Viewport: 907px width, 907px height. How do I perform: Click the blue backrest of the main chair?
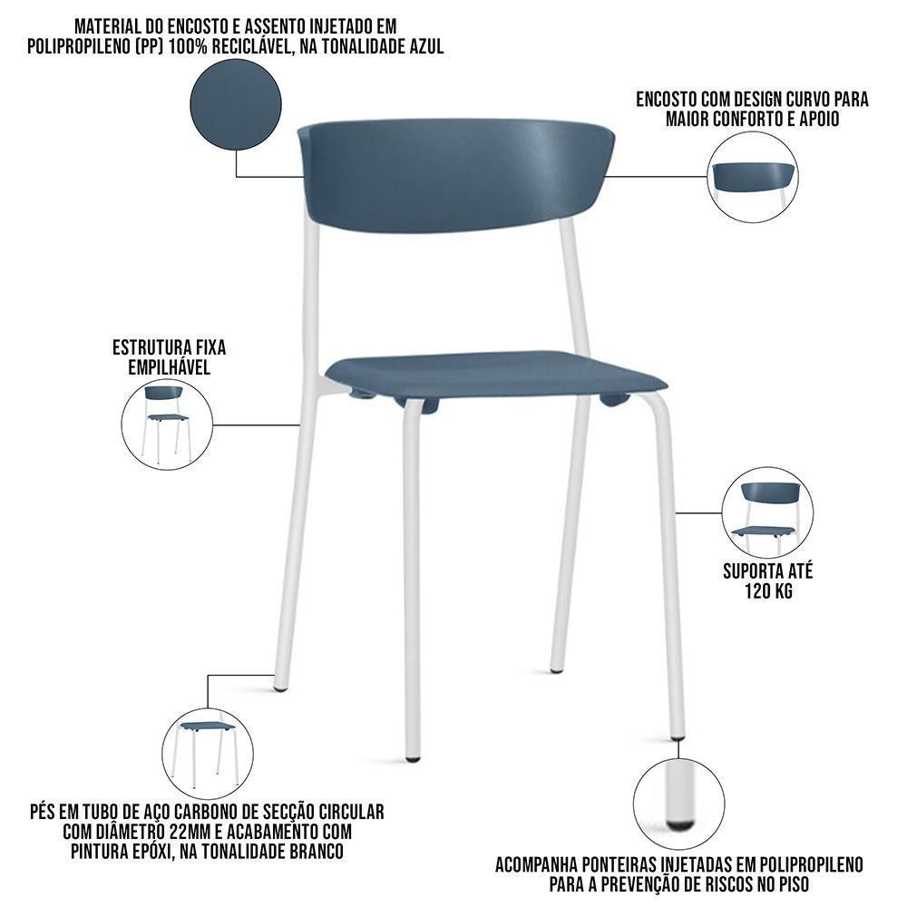coord(453,177)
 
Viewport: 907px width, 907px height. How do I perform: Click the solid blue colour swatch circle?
coord(236,104)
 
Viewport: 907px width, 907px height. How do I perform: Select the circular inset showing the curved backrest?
coord(752,177)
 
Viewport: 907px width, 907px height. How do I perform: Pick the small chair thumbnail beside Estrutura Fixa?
coord(167,424)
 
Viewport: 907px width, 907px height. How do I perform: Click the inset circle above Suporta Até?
coord(767,512)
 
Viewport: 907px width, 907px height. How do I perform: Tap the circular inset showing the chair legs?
coord(207,754)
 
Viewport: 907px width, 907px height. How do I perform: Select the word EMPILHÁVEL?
coord(169,366)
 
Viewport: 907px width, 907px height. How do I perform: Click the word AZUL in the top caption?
coord(423,47)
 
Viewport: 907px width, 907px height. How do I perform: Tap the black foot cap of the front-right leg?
coord(678,736)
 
